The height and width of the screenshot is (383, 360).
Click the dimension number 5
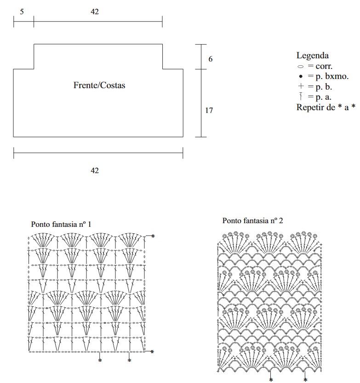tap(22, 12)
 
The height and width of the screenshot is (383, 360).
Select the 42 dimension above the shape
tap(95, 12)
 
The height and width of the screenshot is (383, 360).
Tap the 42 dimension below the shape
tap(95, 170)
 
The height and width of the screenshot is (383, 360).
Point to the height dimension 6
tap(211, 59)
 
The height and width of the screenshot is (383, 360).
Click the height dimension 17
tap(209, 111)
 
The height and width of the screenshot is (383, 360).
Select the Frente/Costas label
tap(99, 85)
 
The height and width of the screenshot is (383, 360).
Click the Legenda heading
tap(312, 56)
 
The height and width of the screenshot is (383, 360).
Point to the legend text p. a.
tap(324, 97)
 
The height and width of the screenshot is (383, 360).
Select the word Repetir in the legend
tap(310, 107)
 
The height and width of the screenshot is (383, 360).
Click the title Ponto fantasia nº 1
tap(61, 224)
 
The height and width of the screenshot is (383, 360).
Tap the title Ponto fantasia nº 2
tap(253, 221)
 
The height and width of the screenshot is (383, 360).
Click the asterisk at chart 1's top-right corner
tap(153, 236)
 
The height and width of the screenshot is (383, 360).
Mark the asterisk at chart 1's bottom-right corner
tap(153, 352)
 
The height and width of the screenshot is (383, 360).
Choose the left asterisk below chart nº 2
tap(271, 380)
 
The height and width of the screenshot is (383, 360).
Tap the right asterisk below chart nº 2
tap(305, 380)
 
